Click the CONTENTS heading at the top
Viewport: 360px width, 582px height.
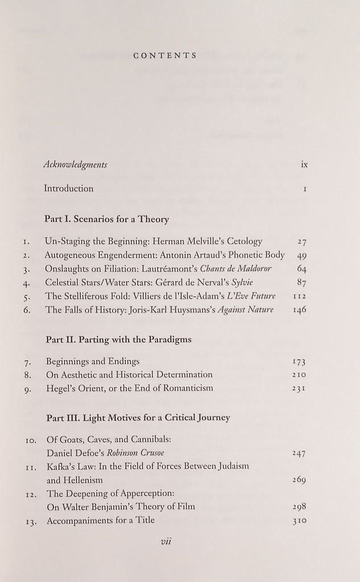point(164,56)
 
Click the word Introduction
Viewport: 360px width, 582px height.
point(69,188)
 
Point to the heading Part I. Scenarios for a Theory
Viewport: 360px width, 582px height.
point(106,218)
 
